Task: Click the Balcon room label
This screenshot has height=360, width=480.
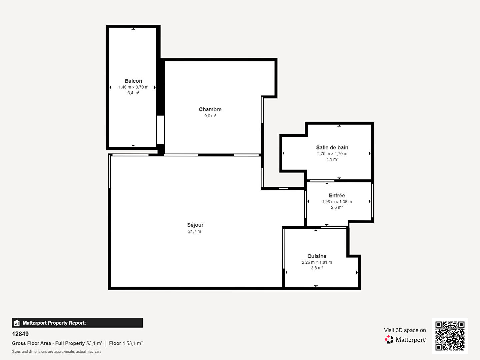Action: click(x=133, y=81)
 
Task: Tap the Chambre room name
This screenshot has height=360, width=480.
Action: click(x=210, y=109)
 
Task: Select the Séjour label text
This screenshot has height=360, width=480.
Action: click(x=195, y=225)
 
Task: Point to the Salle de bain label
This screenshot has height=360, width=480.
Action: click(x=332, y=148)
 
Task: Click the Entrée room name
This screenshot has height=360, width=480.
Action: click(x=337, y=195)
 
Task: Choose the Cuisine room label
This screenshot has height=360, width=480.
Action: click(x=317, y=256)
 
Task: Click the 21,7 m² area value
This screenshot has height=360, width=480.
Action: click(x=195, y=231)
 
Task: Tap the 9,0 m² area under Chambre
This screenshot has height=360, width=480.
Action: click(x=210, y=116)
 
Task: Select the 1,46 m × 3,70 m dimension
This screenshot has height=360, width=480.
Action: click(x=133, y=87)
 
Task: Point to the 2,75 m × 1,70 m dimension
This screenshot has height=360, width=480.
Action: click(x=332, y=154)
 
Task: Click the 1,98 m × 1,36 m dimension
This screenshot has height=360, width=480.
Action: click(x=337, y=202)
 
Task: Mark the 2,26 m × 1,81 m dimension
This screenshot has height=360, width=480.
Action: click(x=317, y=262)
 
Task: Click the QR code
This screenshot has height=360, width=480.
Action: click(x=450, y=336)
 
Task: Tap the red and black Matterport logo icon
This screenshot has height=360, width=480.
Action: click(x=389, y=339)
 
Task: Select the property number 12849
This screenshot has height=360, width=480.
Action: click(x=20, y=334)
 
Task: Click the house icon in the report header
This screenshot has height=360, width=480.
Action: click(x=17, y=323)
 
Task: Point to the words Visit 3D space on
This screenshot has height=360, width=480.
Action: click(x=405, y=330)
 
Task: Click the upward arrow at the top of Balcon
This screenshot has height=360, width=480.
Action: click(x=133, y=29)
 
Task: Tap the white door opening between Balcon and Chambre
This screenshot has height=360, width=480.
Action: click(x=160, y=130)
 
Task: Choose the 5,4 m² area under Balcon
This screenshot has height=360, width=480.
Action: click(x=133, y=93)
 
